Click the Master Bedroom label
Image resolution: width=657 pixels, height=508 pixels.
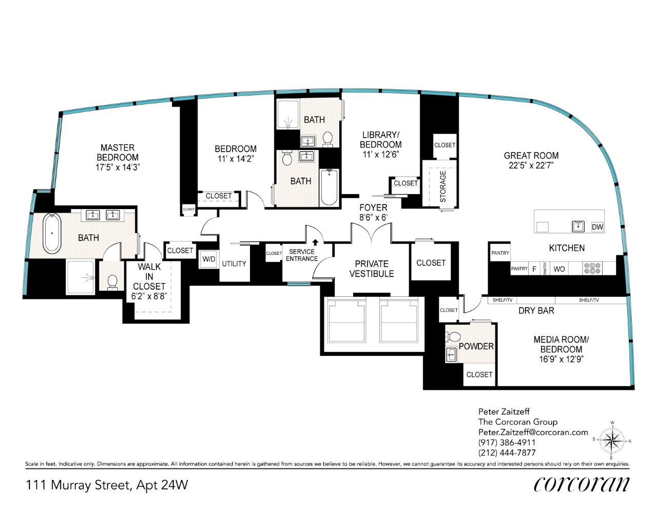pyautogui.click(x=118, y=153)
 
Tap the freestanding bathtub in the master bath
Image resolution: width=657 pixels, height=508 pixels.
pyautogui.click(x=52, y=233)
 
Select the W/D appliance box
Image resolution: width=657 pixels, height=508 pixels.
pyautogui.click(x=208, y=259)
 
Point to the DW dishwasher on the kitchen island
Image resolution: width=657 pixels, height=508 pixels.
pyautogui.click(x=597, y=227)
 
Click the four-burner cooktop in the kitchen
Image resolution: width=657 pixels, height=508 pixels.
pyautogui.click(x=592, y=268)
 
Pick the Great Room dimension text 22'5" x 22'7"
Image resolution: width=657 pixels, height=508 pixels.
pyautogui.click(x=531, y=165)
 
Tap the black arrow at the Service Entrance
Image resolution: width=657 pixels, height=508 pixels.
pyautogui.click(x=315, y=242)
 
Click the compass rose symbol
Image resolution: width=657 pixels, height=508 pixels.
pyautogui.click(x=612, y=441)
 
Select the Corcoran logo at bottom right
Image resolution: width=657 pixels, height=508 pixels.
pyautogui.click(x=581, y=485)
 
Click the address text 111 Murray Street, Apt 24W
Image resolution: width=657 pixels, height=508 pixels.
pyautogui.click(x=107, y=485)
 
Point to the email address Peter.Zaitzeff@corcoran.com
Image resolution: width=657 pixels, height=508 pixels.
pyautogui.click(x=533, y=432)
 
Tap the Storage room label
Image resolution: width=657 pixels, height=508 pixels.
pyautogui.click(x=443, y=186)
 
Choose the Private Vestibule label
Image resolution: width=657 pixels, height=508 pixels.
pyautogui.click(x=372, y=269)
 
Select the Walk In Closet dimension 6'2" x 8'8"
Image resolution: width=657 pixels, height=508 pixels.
pyautogui.click(x=149, y=296)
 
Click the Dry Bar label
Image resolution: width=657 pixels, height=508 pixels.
pyautogui.click(x=536, y=311)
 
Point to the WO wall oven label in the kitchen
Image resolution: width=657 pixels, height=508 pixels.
pyautogui.click(x=559, y=269)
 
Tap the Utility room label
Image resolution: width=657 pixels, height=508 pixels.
pyautogui.click(x=234, y=264)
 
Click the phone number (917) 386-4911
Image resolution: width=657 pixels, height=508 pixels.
pyautogui.click(x=507, y=442)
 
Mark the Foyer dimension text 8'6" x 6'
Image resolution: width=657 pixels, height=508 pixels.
pyautogui.click(x=373, y=217)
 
